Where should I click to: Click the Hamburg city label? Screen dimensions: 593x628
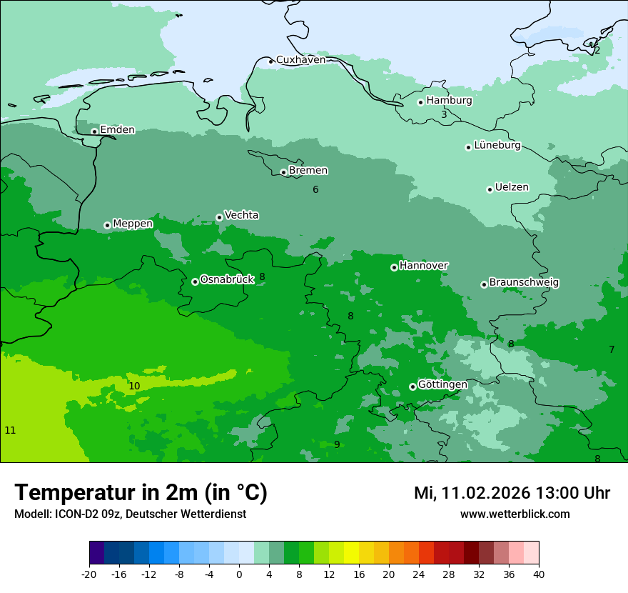(x=449, y=101)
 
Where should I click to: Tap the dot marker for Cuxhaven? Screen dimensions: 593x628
(x=270, y=61)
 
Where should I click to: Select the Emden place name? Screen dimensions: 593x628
(x=117, y=130)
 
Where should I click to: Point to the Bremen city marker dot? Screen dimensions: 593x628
(x=283, y=172)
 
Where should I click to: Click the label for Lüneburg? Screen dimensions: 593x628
(x=497, y=146)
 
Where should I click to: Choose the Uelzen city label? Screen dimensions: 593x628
(x=512, y=188)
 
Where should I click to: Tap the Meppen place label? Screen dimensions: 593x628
(x=133, y=224)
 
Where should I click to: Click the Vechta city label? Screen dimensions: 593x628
(x=241, y=215)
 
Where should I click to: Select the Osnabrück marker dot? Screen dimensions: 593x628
(x=195, y=281)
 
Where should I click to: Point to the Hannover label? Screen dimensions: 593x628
(x=423, y=266)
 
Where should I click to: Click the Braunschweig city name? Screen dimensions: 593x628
(x=524, y=283)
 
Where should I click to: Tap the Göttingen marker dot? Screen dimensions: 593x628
(x=412, y=387)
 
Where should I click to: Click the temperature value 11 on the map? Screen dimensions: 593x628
(x=10, y=430)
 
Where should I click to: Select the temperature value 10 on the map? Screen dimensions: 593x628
(x=134, y=386)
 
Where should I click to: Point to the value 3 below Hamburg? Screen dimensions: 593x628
(x=444, y=114)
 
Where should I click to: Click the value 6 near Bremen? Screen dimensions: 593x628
(x=315, y=189)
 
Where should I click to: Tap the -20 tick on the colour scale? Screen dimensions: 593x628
(x=89, y=574)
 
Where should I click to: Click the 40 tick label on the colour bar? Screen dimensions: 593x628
(x=539, y=574)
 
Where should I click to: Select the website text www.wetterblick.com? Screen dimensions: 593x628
(x=515, y=514)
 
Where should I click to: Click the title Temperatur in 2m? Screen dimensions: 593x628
(x=141, y=493)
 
